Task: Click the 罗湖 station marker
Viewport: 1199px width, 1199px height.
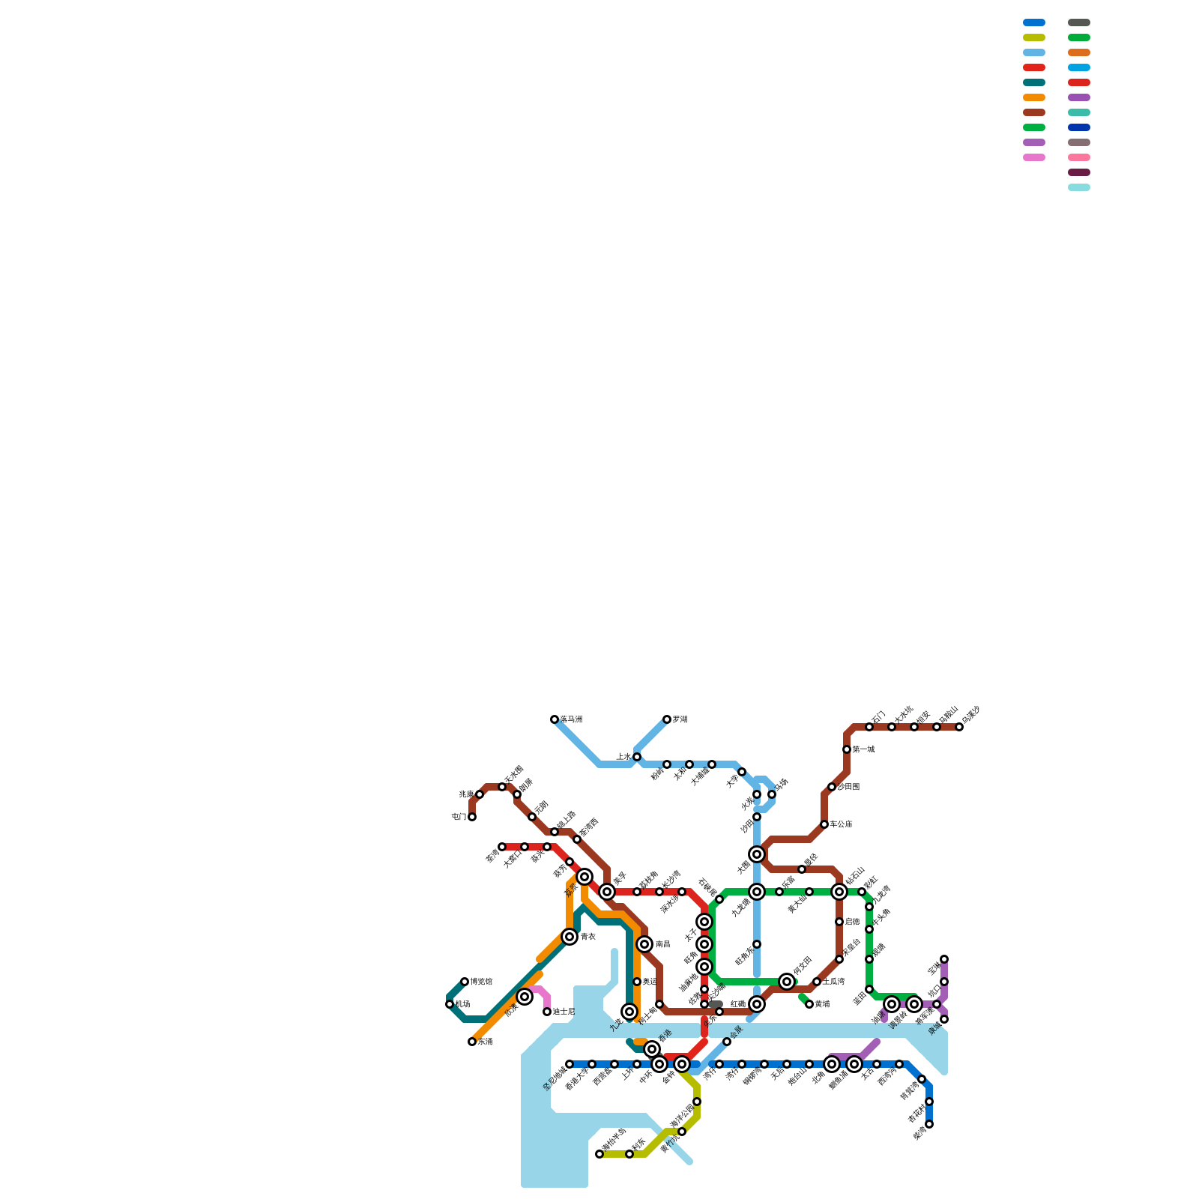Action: [x=667, y=719]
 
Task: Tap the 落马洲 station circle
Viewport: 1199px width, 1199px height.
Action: [x=555, y=719]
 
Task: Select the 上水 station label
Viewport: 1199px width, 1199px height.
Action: [x=623, y=757]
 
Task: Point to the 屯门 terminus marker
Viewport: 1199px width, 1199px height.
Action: [x=472, y=817]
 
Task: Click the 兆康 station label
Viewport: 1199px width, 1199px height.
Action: [x=466, y=794]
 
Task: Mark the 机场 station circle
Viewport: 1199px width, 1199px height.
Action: [x=450, y=1004]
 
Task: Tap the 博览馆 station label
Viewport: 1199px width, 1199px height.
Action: [x=481, y=982]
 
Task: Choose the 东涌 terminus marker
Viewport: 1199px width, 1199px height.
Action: [x=472, y=1042]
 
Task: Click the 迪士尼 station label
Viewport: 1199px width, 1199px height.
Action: [x=564, y=1012]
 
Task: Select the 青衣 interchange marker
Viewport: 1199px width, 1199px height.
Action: [x=570, y=937]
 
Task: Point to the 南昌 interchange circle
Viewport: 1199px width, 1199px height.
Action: [x=644, y=944]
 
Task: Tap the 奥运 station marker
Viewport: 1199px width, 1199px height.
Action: [x=637, y=982]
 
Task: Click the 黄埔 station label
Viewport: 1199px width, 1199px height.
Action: [x=822, y=1004]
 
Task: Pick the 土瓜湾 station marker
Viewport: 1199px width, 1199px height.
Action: [x=817, y=982]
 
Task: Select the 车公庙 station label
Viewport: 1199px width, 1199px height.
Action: [x=841, y=824]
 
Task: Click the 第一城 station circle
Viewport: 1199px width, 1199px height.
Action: [x=847, y=749]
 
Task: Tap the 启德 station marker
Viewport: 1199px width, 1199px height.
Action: [x=839, y=922]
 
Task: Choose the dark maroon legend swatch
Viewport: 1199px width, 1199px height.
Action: [x=1079, y=172]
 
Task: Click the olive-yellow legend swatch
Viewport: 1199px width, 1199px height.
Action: [x=1034, y=37]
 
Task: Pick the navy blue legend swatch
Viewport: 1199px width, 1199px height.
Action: [x=1079, y=127]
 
